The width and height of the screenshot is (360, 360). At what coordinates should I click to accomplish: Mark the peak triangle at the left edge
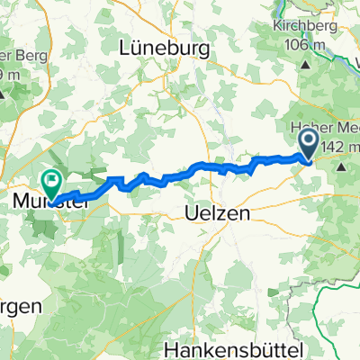pos(3,94)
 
